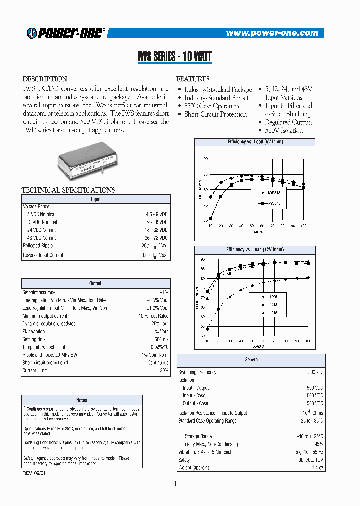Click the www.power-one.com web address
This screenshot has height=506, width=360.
coord(272,33)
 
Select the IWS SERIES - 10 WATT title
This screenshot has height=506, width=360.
coord(175,57)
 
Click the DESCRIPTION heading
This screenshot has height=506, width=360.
coord(45,79)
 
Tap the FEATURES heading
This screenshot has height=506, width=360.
coord(193,79)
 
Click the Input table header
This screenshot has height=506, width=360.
coord(96,199)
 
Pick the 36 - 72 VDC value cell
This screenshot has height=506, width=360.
coord(156,238)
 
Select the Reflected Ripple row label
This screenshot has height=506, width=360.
coord(38,246)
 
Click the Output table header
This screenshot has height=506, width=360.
coord(96,283)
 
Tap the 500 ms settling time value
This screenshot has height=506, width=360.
coord(161,339)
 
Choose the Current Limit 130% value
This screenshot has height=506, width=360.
coord(163,370)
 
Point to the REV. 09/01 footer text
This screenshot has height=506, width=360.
coord(34,473)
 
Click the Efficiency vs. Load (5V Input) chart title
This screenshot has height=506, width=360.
coord(255,142)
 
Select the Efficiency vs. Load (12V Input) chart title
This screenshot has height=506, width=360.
coord(255,249)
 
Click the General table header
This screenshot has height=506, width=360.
coord(251,359)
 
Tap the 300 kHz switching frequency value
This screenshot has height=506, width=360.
coord(315,372)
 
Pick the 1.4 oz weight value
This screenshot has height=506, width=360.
coord(317,467)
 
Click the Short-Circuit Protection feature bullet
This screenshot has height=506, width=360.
coord(215,114)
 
